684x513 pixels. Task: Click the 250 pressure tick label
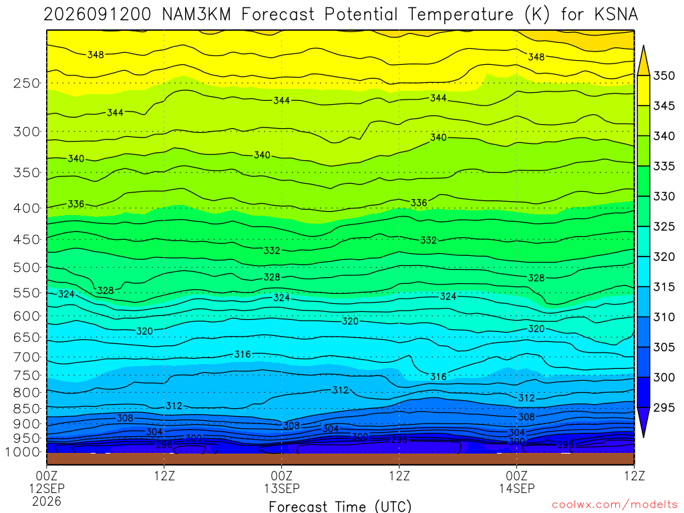coord(27,83)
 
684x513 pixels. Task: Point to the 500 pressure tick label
coord(27,267)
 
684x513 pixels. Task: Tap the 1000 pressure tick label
coord(23,452)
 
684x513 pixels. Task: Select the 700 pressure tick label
coord(27,357)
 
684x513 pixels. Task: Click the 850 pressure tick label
coord(27,409)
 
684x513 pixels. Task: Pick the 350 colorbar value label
coord(663,75)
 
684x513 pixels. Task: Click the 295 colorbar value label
coord(663,407)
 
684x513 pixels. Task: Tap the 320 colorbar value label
coord(663,256)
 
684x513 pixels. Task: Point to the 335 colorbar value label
coord(663,166)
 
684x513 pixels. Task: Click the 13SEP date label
coord(282,488)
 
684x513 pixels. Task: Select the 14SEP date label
coord(517,488)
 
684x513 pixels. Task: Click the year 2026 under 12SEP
coord(47,501)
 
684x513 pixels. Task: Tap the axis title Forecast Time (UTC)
coord(340,506)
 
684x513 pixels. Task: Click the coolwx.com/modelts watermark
coord(615,505)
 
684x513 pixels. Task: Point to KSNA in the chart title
coord(617,15)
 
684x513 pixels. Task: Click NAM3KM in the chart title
coord(196,15)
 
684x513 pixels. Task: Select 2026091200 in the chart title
coord(98,15)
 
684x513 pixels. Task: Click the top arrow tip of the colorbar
coord(643,45)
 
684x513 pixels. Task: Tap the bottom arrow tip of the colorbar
coord(643,437)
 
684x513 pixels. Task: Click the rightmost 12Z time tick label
coord(635,476)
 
